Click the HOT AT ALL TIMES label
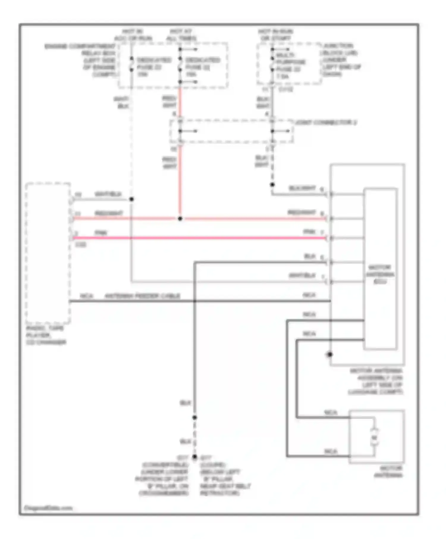[x=181, y=35]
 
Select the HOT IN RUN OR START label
[x=275, y=35]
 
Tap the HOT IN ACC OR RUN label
[x=133, y=35]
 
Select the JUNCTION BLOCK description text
[x=341, y=59]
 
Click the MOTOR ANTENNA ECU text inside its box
[x=380, y=274]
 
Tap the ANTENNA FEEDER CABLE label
[x=142, y=296]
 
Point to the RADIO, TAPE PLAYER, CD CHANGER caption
[x=45, y=335]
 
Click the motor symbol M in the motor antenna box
[x=374, y=438]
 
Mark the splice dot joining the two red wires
[x=180, y=219]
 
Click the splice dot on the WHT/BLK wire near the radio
[x=131, y=199]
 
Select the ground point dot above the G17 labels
[x=194, y=457]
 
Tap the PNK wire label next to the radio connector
[x=101, y=233]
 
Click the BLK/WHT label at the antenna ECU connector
[x=302, y=188]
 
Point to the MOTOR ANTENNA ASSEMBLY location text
[x=376, y=381]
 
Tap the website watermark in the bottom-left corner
[x=48, y=508]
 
